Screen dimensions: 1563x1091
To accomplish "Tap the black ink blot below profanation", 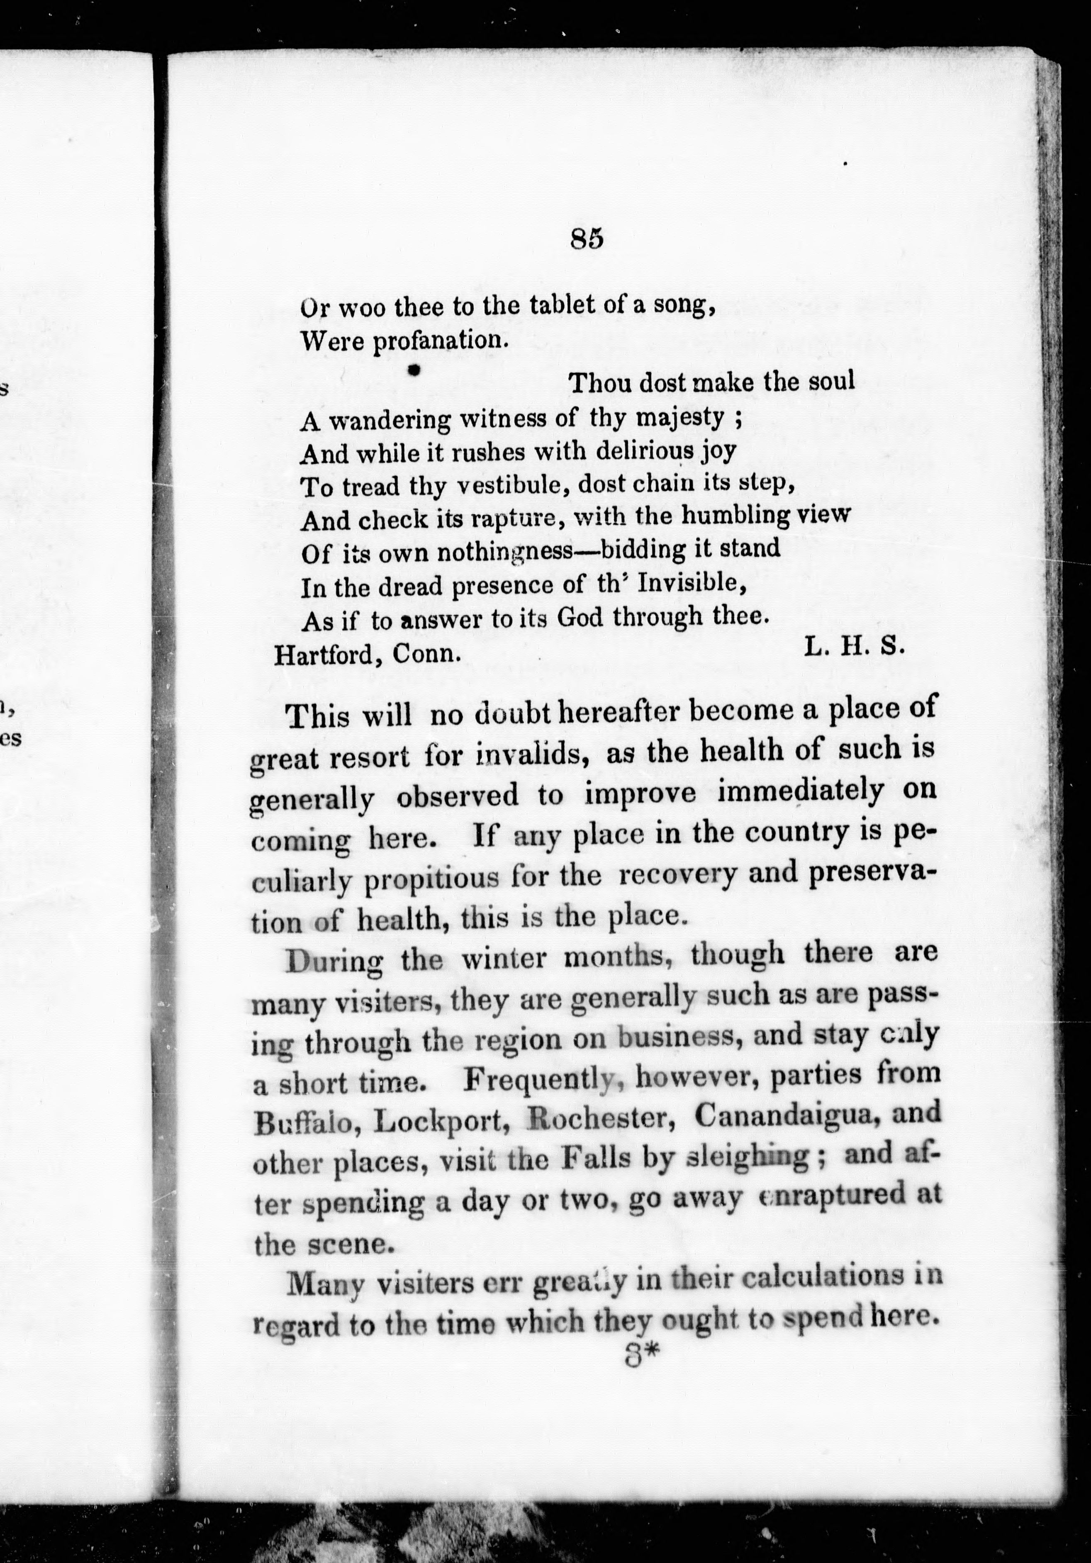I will (x=412, y=370).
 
